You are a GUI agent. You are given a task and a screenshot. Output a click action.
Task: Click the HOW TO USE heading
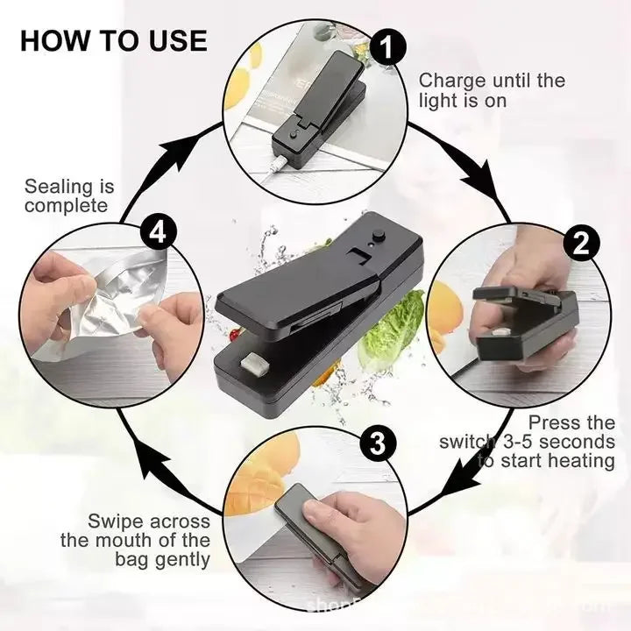coord(113,40)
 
